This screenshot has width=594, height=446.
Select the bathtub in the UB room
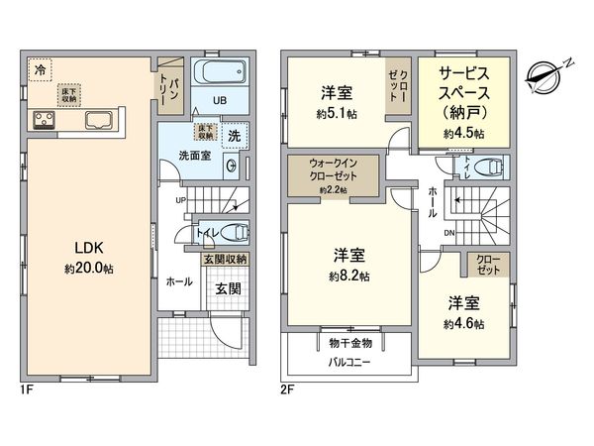coord(217,73)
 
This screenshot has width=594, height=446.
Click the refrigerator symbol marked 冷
coord(40,69)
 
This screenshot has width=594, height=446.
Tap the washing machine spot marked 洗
coord(234,134)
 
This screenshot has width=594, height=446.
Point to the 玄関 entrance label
coord(228,290)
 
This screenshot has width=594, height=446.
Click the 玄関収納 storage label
coord(226,260)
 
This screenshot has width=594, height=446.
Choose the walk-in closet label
coord(331,172)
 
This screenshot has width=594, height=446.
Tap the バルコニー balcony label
coord(348,363)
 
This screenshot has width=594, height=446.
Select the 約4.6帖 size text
coord(463,323)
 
